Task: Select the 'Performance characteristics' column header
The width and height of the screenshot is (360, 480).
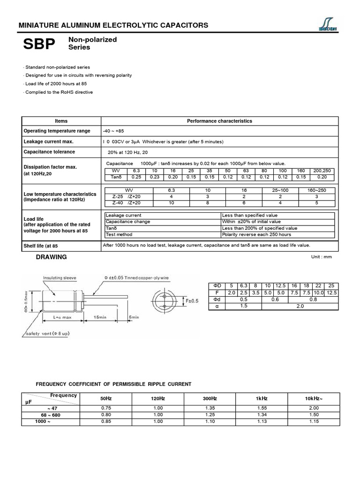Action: point(219,121)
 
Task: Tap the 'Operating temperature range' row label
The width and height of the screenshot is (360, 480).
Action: point(57,131)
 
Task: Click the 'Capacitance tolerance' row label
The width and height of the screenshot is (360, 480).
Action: point(49,152)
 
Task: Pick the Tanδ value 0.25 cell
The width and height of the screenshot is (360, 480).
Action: point(136,177)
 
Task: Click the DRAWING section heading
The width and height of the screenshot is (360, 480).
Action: point(52,257)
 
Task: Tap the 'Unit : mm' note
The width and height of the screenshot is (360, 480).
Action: point(321,257)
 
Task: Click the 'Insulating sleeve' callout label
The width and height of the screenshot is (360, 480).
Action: point(60,278)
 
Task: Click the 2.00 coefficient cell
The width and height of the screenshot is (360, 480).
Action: point(314,408)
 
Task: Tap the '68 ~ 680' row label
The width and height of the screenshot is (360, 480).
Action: point(51,415)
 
